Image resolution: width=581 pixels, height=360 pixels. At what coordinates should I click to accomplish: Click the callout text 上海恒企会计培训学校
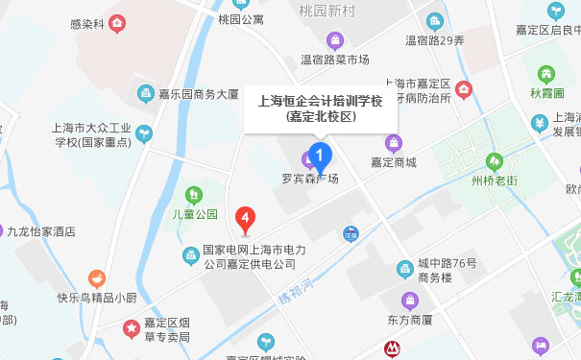(x=322, y=99)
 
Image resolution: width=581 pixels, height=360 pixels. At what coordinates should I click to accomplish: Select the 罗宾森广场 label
(x=309, y=178)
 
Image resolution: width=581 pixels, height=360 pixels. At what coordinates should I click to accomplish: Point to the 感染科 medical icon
(x=117, y=22)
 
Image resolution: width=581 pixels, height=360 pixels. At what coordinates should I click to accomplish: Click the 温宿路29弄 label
(x=435, y=40)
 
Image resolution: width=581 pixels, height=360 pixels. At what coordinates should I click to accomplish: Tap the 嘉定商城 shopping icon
(x=393, y=144)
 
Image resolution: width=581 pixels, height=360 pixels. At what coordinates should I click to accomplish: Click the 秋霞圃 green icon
(x=547, y=73)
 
